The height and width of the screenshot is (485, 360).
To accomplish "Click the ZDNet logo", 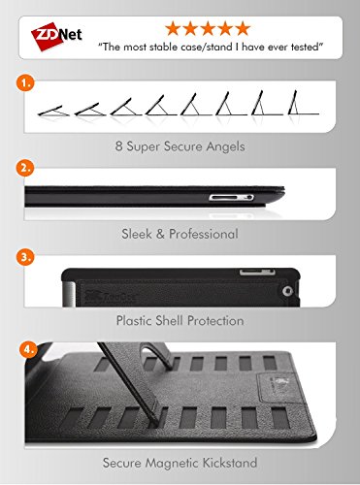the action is tap(56, 36).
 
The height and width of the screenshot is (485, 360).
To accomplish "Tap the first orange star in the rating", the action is tap(173, 28).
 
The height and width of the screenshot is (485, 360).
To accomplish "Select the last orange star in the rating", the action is tap(243, 28).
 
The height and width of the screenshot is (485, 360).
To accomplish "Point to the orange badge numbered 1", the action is tap(25, 83).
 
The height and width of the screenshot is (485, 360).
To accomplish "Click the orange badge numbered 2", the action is tap(25, 168).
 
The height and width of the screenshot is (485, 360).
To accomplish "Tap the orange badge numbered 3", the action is tap(25, 257).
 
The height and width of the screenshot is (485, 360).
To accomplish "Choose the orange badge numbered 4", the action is tap(29, 350).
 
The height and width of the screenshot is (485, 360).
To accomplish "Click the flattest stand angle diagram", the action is tap(53, 111).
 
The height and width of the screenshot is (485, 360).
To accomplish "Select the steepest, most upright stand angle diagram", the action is tap(304, 103).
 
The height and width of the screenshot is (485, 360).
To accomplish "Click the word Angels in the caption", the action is tap(225, 146).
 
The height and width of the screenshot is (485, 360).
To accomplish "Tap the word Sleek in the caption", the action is tap(136, 234).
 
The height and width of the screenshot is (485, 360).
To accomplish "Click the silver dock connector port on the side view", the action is tap(231, 197).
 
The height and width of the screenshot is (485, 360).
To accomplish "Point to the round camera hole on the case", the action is tap(286, 291).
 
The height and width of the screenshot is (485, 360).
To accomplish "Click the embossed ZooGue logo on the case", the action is tap(111, 295).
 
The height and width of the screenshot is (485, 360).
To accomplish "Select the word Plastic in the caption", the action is tap(134, 321).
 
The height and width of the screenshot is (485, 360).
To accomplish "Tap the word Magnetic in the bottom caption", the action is tap(172, 464).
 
